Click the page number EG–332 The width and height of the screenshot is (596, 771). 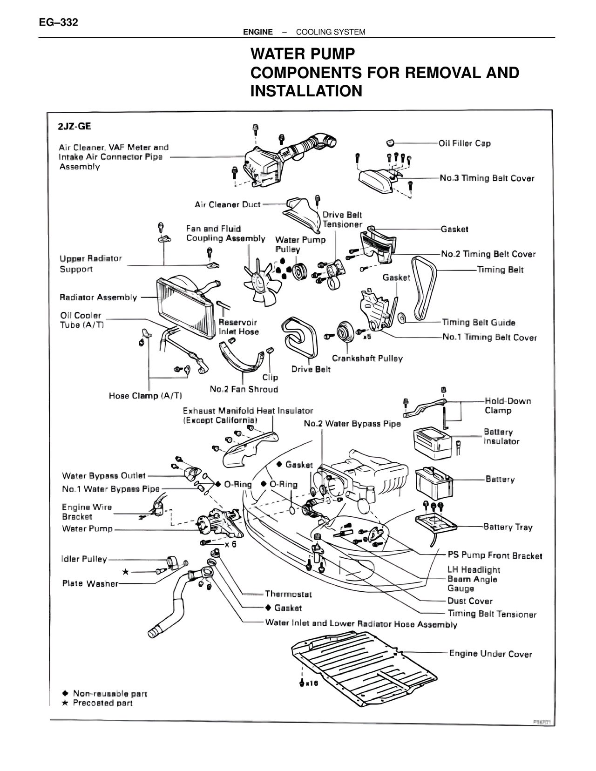[x=58, y=22]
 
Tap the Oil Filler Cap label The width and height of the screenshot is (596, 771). [x=465, y=143]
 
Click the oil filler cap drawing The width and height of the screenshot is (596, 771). [x=390, y=142]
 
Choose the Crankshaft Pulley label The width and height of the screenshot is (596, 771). [x=367, y=358]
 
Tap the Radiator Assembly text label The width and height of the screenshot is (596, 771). [x=98, y=297]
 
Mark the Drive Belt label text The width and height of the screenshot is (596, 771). [x=311, y=369]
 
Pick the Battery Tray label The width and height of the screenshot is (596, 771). [x=508, y=527]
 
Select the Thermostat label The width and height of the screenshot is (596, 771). [x=288, y=594]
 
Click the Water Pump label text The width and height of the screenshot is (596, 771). [x=88, y=529]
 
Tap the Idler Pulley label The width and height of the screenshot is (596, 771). [x=84, y=559]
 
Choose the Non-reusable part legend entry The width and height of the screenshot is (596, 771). [x=110, y=694]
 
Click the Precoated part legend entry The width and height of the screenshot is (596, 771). [x=102, y=703]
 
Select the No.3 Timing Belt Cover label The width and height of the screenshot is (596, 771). [x=487, y=178]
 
